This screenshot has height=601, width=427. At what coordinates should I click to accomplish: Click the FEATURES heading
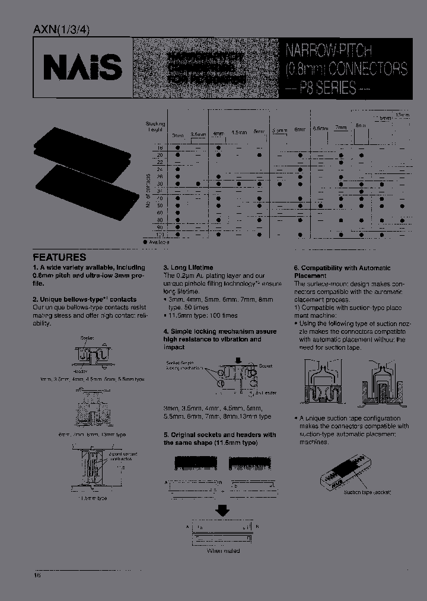point(59,257)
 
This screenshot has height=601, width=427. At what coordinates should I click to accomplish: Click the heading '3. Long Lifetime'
point(188,268)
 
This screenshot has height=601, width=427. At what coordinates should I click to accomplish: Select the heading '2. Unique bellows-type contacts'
point(84,299)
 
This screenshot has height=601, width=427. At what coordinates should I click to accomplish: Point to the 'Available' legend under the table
point(158,242)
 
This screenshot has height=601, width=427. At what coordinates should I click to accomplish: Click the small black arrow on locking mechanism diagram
point(238,359)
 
